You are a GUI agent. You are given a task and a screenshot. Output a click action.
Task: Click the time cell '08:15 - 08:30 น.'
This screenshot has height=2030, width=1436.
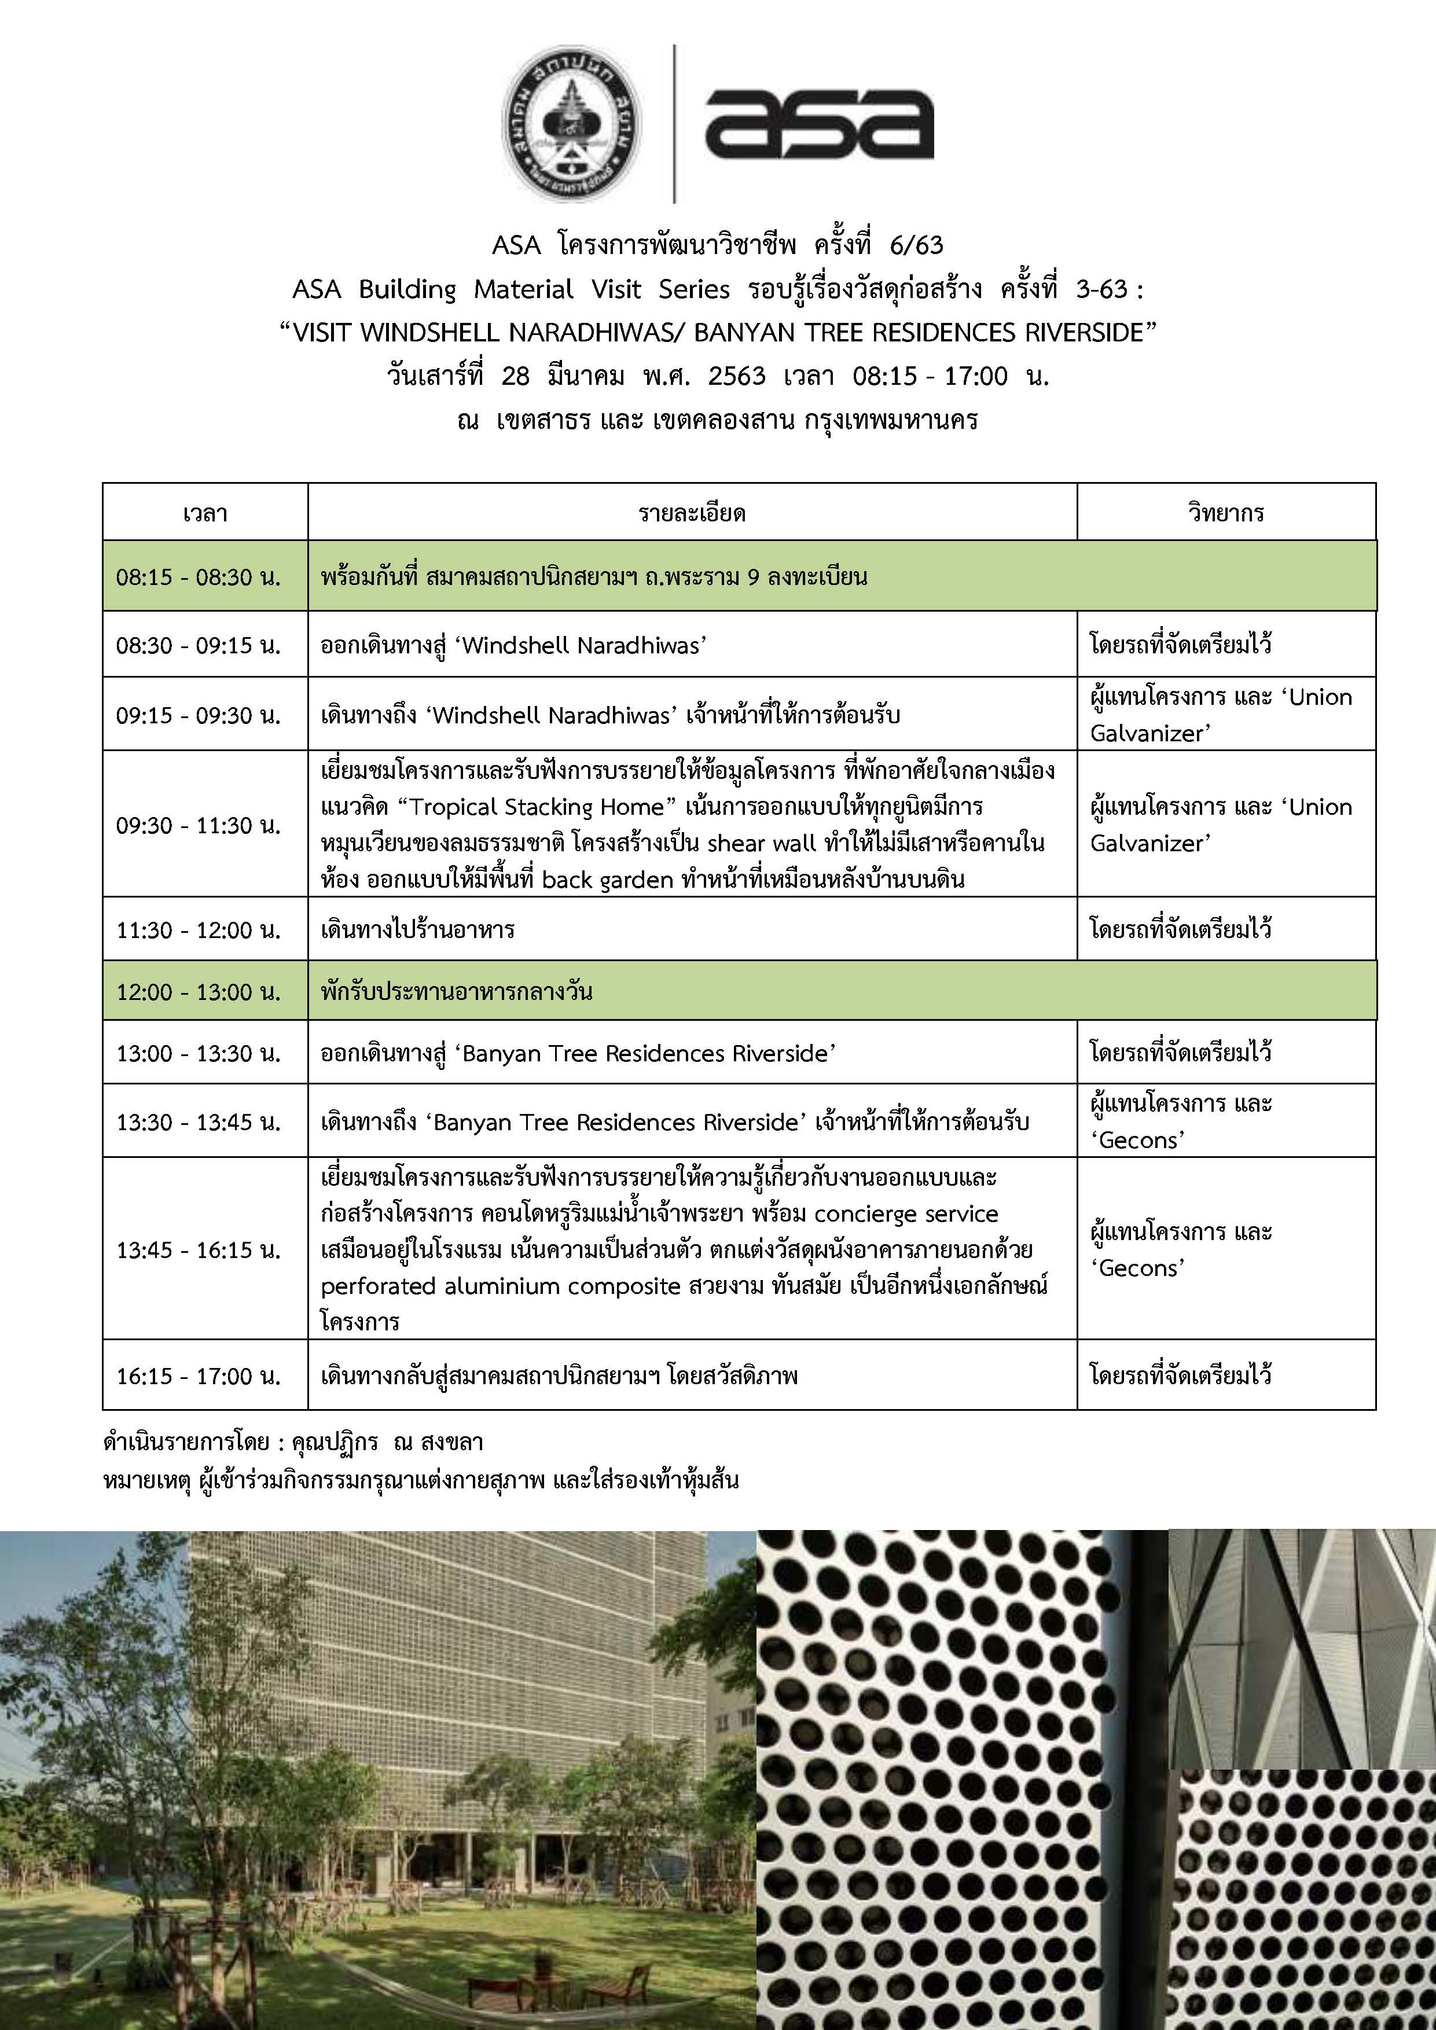coord(198,578)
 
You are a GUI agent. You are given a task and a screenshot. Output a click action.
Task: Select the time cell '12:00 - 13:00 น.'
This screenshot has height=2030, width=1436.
coord(198,992)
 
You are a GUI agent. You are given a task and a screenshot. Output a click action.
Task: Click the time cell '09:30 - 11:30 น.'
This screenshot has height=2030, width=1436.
coord(198,825)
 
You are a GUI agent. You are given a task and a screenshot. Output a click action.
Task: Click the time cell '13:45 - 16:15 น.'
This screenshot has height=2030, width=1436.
coord(198,1249)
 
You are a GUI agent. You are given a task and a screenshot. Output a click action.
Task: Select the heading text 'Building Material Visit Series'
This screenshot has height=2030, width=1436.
coord(544,289)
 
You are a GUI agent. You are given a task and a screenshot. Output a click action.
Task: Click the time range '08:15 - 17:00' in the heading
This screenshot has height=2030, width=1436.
coord(930,377)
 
